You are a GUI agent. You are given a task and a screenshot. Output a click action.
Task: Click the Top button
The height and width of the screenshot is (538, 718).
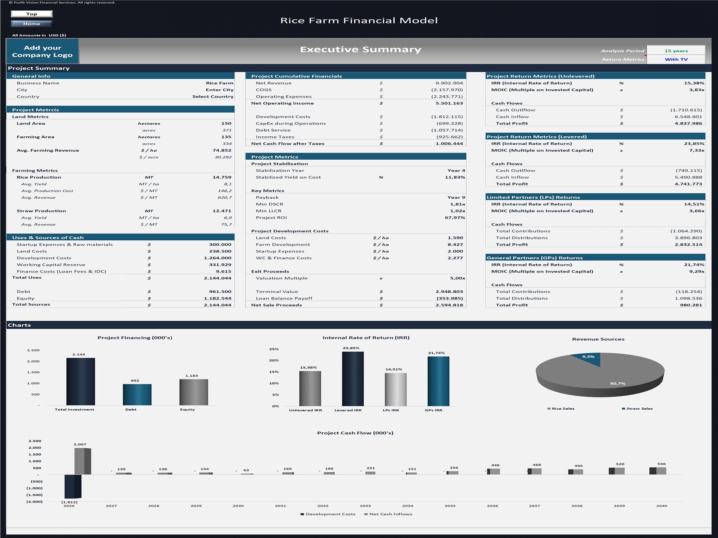[x=32, y=14]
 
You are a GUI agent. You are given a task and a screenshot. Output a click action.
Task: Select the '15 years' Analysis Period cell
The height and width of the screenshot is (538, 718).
[x=676, y=51]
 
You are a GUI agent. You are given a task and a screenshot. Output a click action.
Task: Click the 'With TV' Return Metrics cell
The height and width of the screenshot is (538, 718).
[x=676, y=60]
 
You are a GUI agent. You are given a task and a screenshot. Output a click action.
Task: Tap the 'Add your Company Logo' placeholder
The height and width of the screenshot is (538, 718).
[x=42, y=51]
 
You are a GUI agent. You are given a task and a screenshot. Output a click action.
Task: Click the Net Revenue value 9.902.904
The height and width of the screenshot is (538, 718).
[x=449, y=83]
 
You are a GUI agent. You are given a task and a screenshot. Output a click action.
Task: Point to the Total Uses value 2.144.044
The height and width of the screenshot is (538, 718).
[x=218, y=278]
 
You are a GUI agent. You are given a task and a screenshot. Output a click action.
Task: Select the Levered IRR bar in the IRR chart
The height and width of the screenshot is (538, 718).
[x=353, y=379]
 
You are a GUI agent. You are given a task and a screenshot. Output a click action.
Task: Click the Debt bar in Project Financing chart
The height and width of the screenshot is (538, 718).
[x=137, y=395]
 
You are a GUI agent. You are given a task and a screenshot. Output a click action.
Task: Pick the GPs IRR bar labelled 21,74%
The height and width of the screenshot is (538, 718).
[x=438, y=381]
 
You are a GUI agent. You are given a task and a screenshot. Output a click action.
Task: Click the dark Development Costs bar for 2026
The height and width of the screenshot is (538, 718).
[x=73, y=486]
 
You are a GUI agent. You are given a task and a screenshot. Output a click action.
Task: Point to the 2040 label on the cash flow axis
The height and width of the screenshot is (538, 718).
[x=662, y=506]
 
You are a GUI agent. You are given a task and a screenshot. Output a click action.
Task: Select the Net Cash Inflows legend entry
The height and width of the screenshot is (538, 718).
[x=388, y=514]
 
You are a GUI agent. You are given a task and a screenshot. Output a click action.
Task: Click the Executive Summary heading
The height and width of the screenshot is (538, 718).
[x=360, y=49]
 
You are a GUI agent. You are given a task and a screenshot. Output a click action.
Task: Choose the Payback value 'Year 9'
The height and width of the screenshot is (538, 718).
[x=456, y=198]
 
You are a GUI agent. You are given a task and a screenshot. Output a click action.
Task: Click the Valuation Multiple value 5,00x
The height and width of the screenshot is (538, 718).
[x=458, y=278]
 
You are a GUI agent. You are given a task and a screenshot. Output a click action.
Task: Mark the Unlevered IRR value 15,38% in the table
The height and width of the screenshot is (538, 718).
[x=694, y=83]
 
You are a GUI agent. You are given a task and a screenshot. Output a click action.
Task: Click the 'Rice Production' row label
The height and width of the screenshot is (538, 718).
[x=39, y=178]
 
